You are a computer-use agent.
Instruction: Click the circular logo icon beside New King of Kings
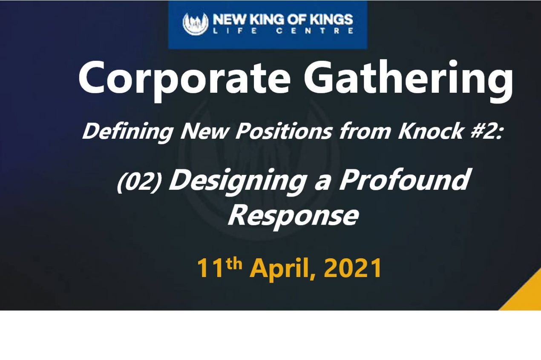196,24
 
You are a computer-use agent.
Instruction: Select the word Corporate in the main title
184,78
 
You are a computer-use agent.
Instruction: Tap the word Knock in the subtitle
430,132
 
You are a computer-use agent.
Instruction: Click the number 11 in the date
210,269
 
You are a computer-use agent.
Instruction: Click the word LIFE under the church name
232,31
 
